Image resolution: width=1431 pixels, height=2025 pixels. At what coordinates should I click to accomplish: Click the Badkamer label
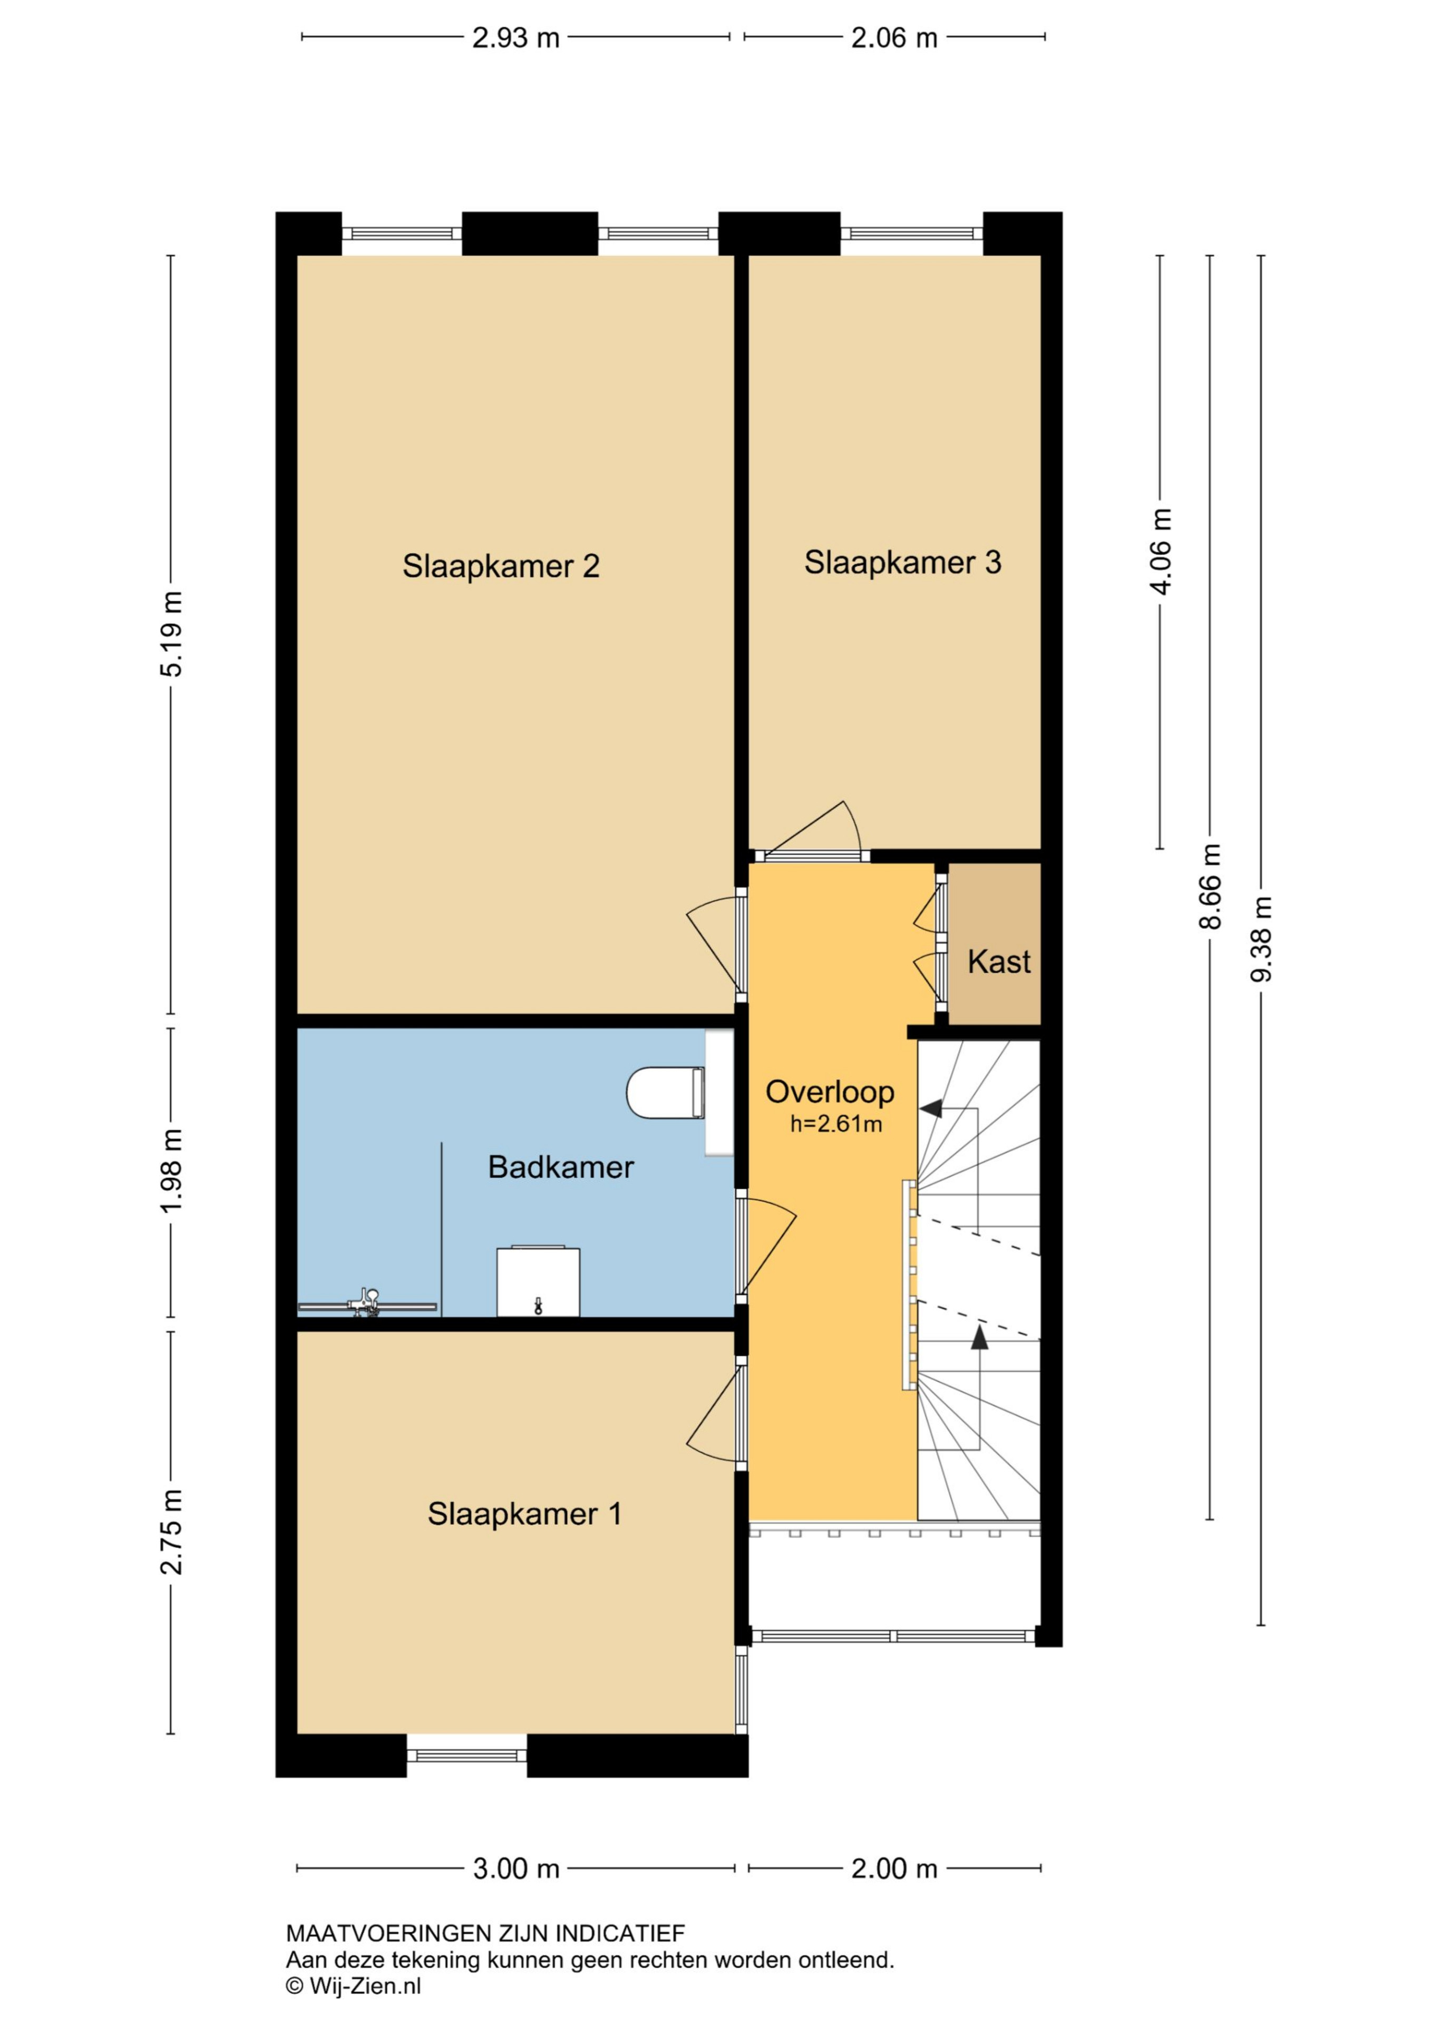tap(561, 1168)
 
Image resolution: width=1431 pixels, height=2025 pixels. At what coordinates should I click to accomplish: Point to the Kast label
tap(998, 962)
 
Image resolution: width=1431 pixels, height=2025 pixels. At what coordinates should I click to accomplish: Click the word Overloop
tap(830, 1092)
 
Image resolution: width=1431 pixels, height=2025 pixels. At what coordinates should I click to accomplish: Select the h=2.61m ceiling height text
tap(836, 1124)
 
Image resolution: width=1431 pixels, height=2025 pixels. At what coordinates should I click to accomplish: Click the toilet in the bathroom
tap(666, 1093)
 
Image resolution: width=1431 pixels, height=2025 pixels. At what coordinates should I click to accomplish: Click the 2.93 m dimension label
tap(516, 38)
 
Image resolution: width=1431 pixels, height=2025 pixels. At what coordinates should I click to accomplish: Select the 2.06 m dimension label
tap(894, 38)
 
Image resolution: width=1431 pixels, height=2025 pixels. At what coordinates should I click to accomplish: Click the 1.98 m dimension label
tap(171, 1170)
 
